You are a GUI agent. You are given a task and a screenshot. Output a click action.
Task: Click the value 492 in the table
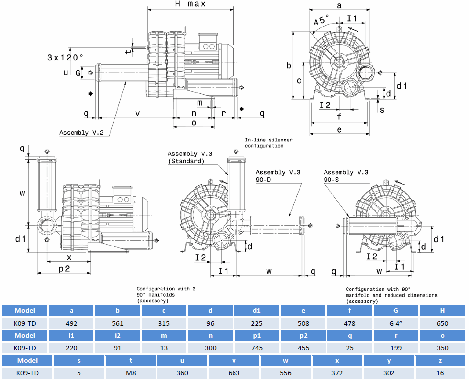pos(71,323)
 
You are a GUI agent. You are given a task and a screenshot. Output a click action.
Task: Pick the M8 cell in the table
pos(130,372)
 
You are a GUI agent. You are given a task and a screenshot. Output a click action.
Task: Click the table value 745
pos(257,348)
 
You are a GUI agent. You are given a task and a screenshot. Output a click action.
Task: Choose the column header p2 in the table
pos(303,335)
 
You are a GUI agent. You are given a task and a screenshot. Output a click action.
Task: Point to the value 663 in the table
pos(234,372)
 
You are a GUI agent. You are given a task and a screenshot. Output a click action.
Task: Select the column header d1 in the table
pos(257,311)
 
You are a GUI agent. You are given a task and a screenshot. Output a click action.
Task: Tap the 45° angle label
pos(321,21)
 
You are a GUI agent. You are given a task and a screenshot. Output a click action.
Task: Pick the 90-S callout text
pos(332,179)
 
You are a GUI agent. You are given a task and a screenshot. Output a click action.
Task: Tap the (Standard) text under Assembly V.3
pos(186,161)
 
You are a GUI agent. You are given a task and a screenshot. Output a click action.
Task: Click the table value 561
pos(118,323)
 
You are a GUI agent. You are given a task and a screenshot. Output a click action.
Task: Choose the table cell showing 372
pos(338,372)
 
